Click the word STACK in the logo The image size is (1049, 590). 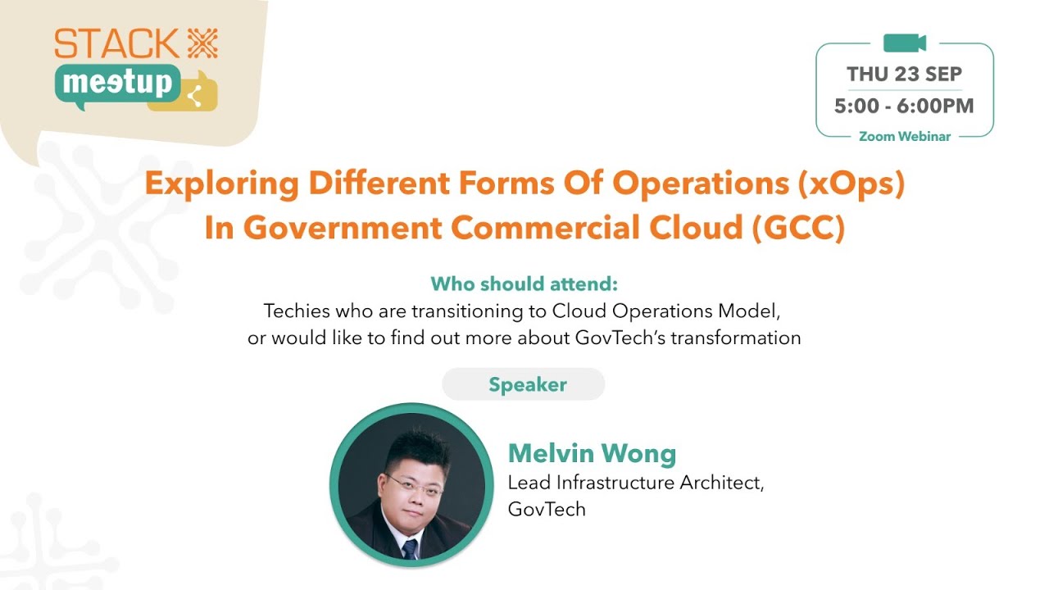coord(116,43)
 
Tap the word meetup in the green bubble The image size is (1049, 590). coord(118,83)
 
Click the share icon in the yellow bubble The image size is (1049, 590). coord(194,96)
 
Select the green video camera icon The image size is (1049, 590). coord(904,43)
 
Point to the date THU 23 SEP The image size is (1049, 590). coord(904,75)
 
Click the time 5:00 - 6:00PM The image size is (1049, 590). coord(904,106)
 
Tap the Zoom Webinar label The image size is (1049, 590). coord(904,137)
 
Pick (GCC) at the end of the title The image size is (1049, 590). coord(798,229)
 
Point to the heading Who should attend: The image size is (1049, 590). coord(524,284)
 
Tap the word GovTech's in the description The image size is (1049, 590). coord(620,338)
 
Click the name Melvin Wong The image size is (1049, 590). coord(592,453)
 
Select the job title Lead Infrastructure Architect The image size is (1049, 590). coord(636,483)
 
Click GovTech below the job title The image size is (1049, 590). coord(547,509)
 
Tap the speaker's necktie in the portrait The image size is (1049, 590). coord(410,547)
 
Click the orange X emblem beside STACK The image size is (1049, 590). coord(202,43)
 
